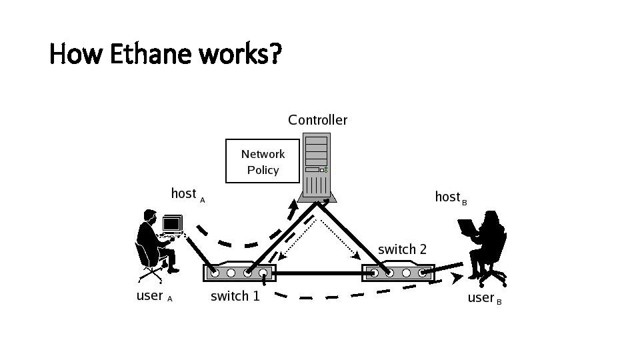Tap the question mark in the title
point(274,54)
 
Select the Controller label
point(317,120)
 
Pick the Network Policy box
point(263,161)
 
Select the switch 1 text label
point(235,296)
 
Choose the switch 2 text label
point(402,249)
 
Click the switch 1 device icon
point(239,272)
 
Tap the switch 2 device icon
point(397,272)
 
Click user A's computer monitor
point(172,223)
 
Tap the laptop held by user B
point(467,227)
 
